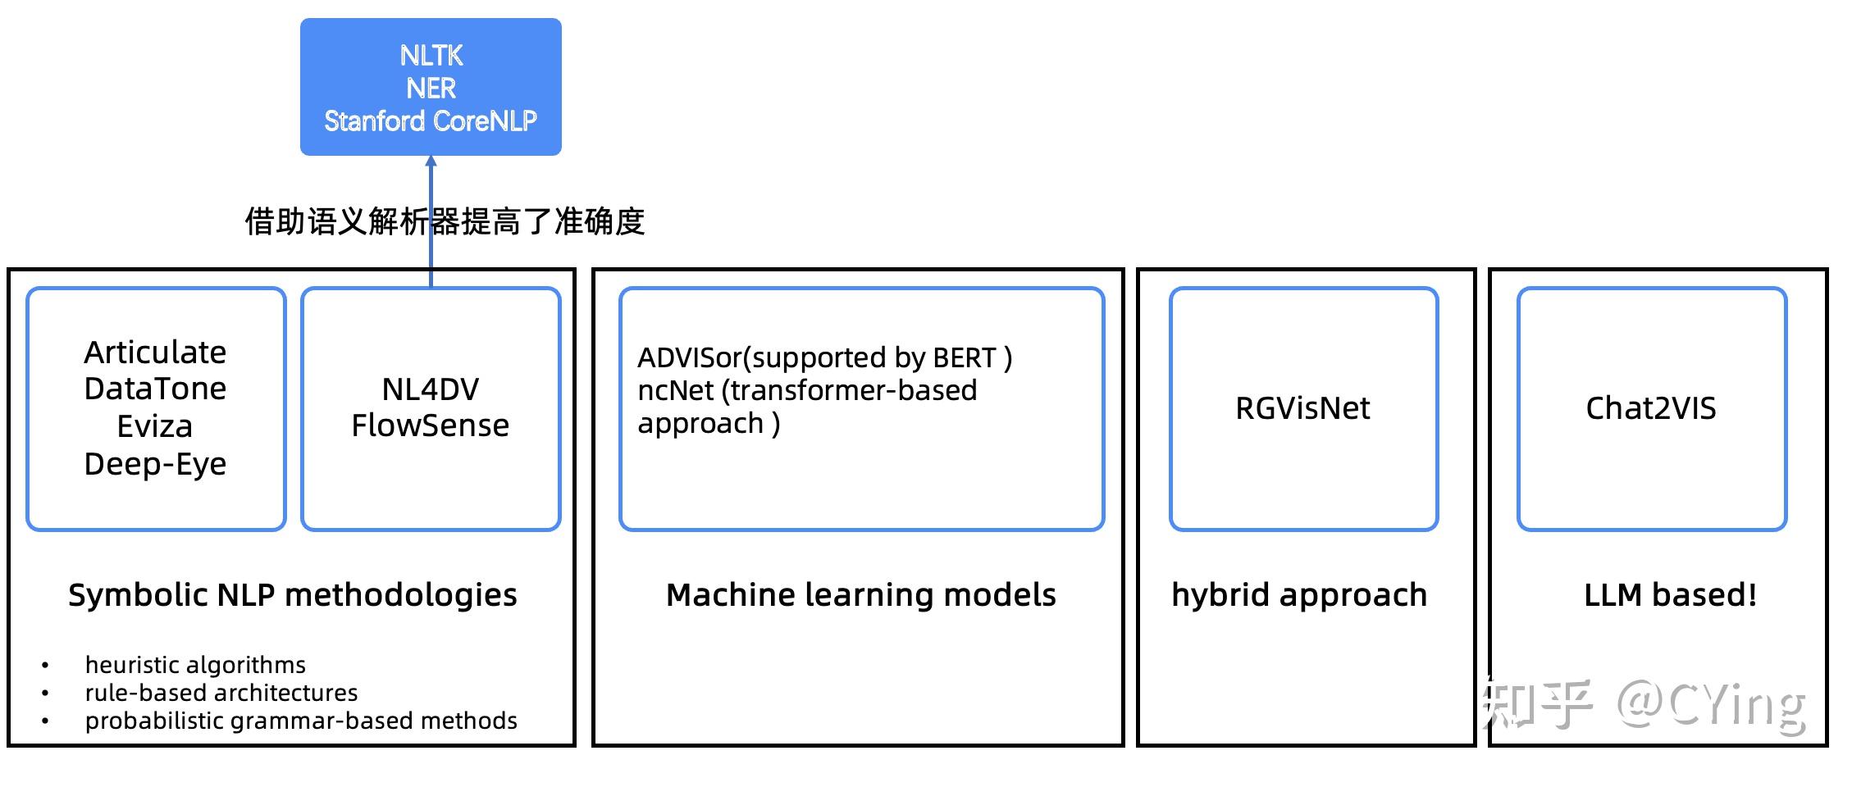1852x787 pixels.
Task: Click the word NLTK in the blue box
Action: point(431,56)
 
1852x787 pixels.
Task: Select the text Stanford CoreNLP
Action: point(431,121)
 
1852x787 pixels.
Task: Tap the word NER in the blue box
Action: point(431,89)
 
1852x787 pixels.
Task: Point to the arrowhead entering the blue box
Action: point(431,161)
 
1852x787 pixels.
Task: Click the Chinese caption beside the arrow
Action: point(445,221)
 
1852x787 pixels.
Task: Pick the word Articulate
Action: point(155,353)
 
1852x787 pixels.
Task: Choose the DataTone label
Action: point(155,389)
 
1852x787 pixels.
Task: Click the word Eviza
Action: point(155,426)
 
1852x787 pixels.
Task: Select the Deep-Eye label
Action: point(155,464)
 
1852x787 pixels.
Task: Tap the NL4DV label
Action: point(431,389)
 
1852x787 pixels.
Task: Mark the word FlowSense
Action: point(431,425)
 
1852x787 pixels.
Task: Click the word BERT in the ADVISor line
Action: point(964,358)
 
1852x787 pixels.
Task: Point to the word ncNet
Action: point(676,391)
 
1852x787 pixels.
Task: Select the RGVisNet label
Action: point(1302,408)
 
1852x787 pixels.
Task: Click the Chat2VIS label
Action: point(1650,408)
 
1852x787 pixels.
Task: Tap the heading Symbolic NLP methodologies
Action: point(293,595)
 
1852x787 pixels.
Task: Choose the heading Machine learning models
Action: point(860,595)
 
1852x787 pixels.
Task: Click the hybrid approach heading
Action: point(1299,595)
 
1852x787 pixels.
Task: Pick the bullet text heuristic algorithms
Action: point(195,665)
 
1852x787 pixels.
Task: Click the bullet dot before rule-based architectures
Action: point(45,694)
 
